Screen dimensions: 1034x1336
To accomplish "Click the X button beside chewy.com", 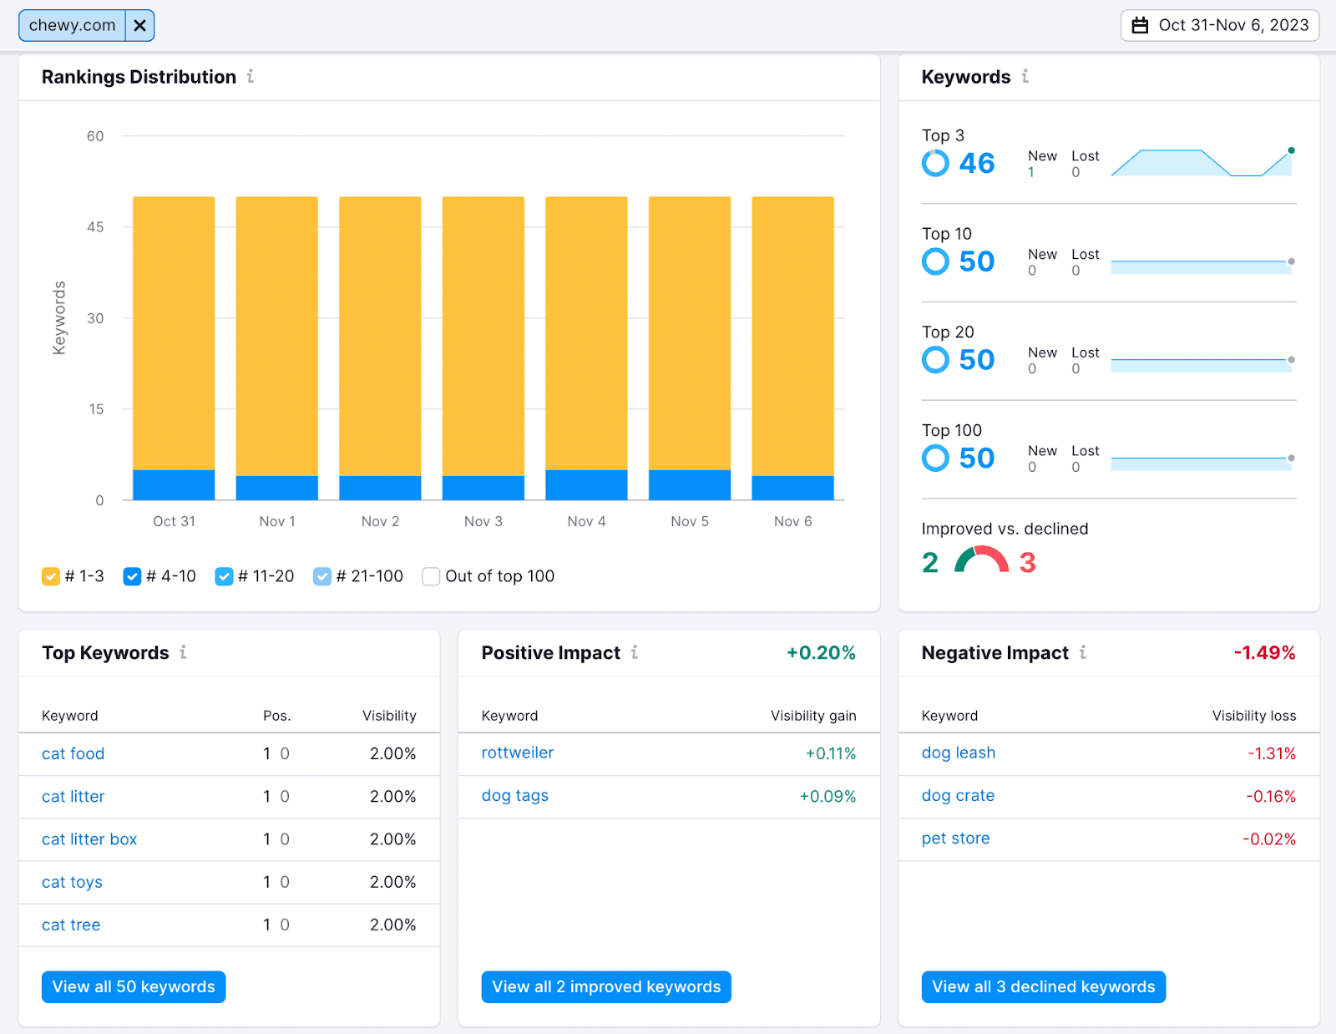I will [x=139, y=26].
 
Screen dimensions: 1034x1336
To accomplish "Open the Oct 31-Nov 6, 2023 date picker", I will [x=1219, y=26].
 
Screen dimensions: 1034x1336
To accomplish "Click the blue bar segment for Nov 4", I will [x=586, y=485].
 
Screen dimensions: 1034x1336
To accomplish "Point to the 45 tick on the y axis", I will [x=95, y=227].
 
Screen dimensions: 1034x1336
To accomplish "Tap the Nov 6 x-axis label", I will [x=792, y=521].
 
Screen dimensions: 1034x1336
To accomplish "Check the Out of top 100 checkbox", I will [x=431, y=576].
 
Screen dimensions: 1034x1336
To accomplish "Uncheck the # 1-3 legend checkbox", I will [x=51, y=576].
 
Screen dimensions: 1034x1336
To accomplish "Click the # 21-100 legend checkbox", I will [x=322, y=576].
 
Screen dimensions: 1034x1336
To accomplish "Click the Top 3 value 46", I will [x=976, y=164].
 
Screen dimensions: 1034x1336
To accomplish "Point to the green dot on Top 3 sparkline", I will [x=1291, y=151].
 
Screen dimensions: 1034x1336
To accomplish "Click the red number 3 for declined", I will [x=1027, y=563].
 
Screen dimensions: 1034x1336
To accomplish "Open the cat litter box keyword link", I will [x=89, y=839].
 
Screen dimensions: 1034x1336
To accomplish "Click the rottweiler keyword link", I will [x=517, y=753].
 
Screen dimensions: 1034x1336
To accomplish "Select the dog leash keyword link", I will [x=958, y=753].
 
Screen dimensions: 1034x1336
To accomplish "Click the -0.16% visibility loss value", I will [x=1270, y=796].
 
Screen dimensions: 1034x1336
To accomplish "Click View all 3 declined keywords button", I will [x=1043, y=986].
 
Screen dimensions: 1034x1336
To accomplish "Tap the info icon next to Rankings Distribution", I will [x=250, y=77].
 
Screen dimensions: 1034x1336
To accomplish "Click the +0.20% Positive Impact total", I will [x=821, y=653].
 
